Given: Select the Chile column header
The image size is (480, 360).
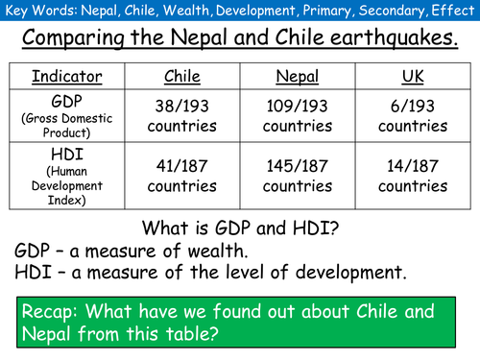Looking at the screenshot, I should (182, 76).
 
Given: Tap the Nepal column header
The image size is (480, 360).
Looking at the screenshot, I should (297, 76).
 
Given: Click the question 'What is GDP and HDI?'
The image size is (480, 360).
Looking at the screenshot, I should (240, 228).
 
